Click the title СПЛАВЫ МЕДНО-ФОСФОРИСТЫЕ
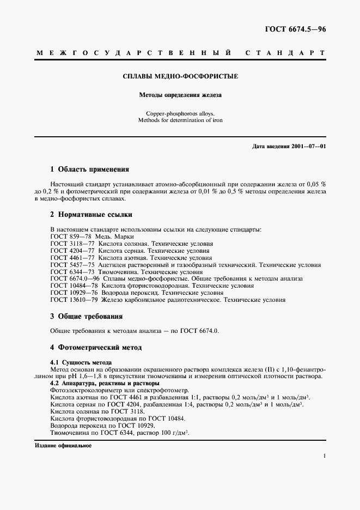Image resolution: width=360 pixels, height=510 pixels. (x=180, y=76)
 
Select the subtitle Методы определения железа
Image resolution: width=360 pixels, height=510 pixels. (x=180, y=95)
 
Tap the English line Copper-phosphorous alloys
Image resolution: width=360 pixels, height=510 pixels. (x=180, y=113)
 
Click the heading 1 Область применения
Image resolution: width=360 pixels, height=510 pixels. (x=89, y=169)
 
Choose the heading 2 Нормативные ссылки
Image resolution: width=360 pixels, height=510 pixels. (x=91, y=215)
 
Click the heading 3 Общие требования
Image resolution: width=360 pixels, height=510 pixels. (x=86, y=317)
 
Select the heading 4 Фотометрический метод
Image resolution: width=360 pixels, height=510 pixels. (x=96, y=347)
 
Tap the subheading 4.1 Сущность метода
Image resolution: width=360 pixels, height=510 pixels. (x=81, y=362)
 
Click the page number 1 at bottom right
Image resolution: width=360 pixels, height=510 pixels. (x=324, y=456)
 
